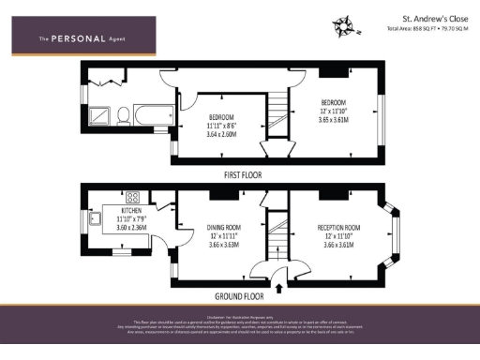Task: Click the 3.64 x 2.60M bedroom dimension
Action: pos(222,134)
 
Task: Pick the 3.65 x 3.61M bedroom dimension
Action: pos(335,119)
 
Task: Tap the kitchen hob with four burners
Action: pos(133,198)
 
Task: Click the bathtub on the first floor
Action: pos(154,117)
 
